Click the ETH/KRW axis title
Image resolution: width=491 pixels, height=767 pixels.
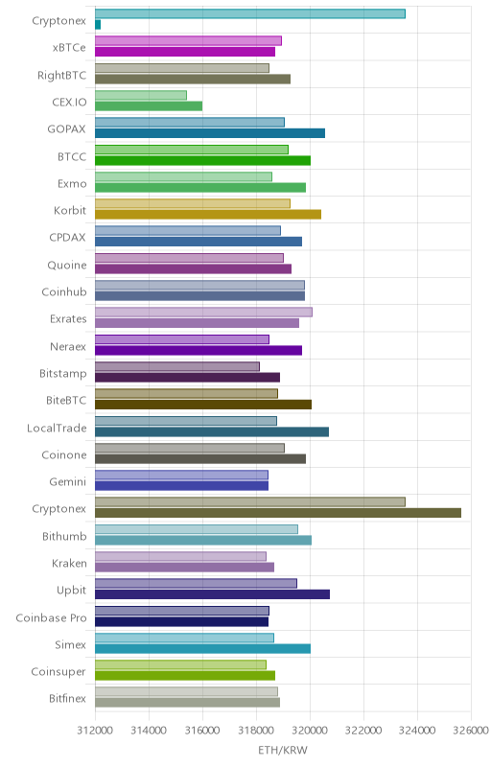(x=283, y=750)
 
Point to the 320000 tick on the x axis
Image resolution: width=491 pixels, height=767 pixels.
(x=310, y=731)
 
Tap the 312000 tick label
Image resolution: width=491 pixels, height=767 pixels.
(x=95, y=731)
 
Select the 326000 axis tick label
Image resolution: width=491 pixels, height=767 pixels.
(x=471, y=731)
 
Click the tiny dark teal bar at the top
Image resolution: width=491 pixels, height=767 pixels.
(x=98, y=25)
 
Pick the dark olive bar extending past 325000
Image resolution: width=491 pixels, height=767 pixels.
(x=278, y=513)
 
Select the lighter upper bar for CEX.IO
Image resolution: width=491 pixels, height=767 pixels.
(x=141, y=95)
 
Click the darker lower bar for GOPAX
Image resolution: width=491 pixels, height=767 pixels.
(x=210, y=133)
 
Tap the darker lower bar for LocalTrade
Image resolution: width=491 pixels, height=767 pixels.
(x=212, y=431)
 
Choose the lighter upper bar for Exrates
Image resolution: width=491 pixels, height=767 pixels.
(x=203, y=313)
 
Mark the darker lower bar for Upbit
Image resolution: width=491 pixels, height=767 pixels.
(x=212, y=594)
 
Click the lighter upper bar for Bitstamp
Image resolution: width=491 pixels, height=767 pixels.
(x=177, y=366)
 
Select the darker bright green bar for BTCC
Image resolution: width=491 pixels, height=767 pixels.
(x=202, y=160)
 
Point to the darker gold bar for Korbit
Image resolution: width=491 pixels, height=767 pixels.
(x=208, y=214)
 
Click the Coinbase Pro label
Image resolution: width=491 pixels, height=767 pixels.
(x=51, y=617)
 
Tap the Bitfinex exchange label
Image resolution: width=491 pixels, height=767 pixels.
(x=67, y=699)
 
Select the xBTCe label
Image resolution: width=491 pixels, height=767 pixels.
(x=69, y=47)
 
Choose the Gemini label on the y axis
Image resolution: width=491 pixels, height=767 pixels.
(x=67, y=482)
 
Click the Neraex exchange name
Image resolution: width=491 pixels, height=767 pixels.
(x=68, y=346)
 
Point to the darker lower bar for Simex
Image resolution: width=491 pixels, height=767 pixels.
(x=202, y=649)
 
